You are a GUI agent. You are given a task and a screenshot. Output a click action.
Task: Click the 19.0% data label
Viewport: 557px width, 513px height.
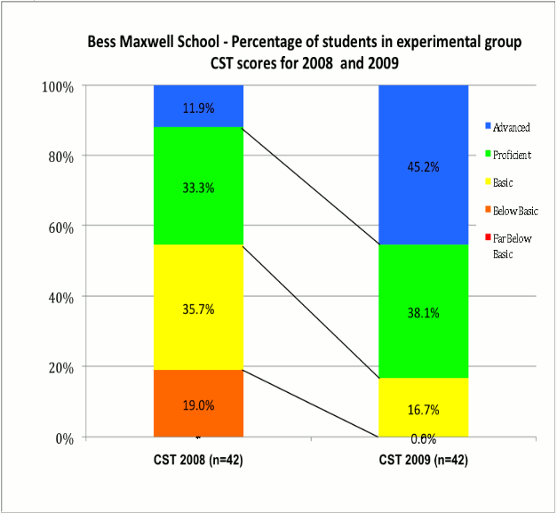198,405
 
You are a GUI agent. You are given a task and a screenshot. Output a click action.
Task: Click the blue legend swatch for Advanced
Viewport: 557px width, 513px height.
488,128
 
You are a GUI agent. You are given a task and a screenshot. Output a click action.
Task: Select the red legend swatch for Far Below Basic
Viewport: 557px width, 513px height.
488,236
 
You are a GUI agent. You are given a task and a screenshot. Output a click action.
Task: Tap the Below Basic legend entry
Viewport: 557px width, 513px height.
515,212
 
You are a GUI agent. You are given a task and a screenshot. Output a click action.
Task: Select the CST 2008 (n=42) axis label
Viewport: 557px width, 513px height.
198,461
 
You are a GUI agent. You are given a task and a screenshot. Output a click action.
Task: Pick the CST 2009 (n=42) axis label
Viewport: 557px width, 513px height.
423,461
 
